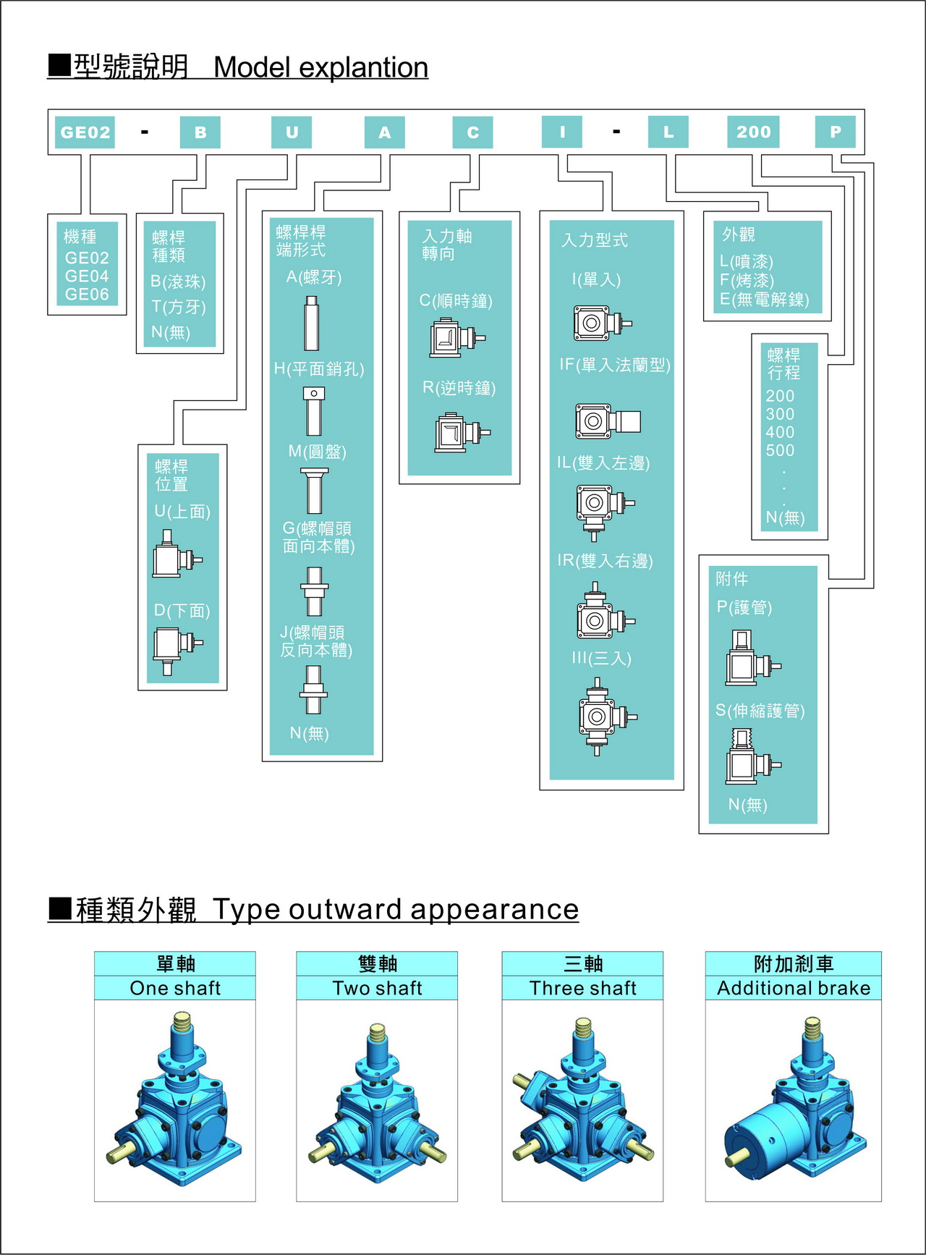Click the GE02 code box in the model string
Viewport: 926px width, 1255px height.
(85, 132)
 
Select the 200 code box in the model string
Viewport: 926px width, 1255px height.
(753, 132)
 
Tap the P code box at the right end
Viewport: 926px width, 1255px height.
(836, 132)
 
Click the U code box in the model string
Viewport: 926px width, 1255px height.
(292, 132)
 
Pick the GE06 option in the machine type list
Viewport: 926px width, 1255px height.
(87, 295)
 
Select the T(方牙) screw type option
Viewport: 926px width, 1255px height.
(179, 307)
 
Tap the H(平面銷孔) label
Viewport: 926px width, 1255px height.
(319, 369)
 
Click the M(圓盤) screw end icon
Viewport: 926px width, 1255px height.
(314, 490)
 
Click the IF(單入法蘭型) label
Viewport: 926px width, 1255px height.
(615, 365)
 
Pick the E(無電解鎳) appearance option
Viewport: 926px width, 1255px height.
(765, 300)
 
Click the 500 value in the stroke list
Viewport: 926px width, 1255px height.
(780, 450)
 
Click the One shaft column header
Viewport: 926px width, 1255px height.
(175, 988)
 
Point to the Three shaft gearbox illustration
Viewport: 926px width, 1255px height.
(582, 1100)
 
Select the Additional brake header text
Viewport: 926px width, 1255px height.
(794, 988)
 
